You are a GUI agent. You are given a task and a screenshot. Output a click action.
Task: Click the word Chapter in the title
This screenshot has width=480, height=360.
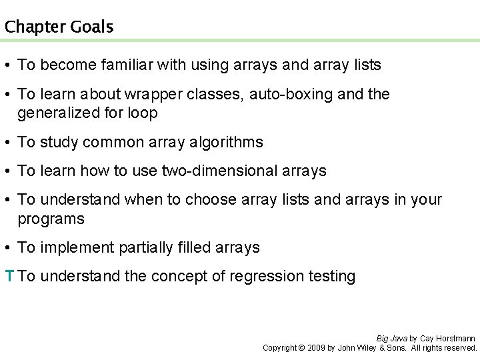[x=31, y=27]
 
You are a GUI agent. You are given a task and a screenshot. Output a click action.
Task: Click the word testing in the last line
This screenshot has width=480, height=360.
[x=331, y=276]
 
